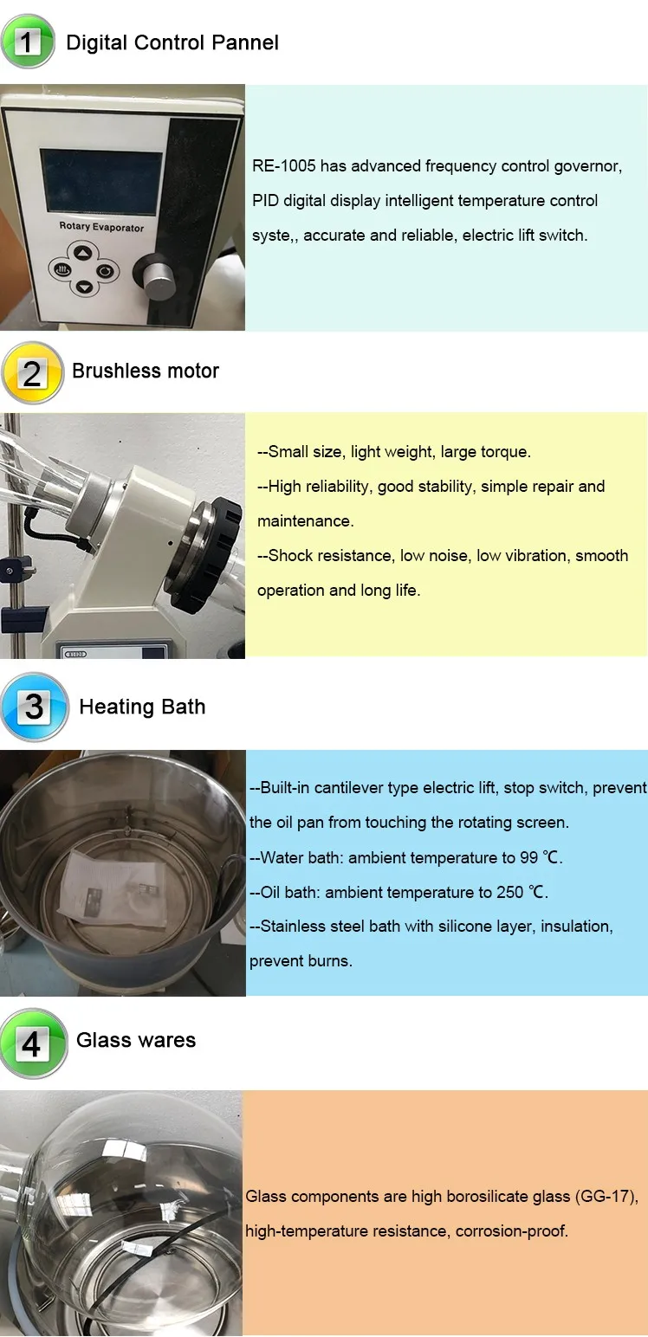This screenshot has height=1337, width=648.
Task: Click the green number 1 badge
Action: coord(28,42)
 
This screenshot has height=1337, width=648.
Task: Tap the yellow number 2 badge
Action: coord(32,373)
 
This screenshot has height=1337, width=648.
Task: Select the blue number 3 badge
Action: coord(34,707)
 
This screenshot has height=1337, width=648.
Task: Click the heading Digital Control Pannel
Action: coord(172,43)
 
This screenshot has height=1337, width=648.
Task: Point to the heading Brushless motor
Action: coord(146,371)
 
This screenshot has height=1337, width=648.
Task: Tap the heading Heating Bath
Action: coord(142,707)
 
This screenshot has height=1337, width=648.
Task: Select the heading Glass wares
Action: coord(135,1040)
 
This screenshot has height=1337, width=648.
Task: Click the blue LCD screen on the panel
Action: coord(101,181)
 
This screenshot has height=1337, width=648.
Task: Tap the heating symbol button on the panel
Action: coord(62,270)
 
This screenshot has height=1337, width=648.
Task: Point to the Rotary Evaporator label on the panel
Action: coord(101,227)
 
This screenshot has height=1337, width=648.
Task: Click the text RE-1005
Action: coord(283,166)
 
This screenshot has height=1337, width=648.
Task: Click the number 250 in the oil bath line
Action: coord(509,892)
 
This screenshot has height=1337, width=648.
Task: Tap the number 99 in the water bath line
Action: coord(528,857)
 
